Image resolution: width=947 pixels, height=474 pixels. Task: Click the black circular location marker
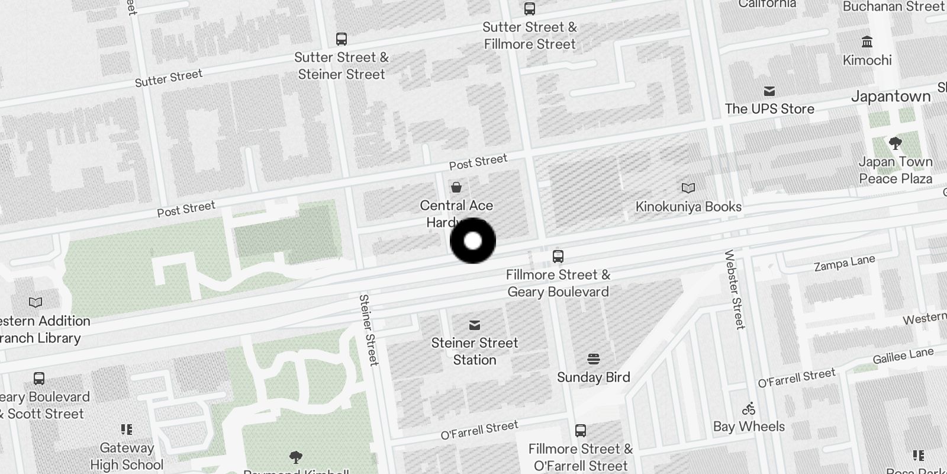click(x=472, y=241)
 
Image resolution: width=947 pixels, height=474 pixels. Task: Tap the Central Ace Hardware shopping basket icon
click(x=456, y=188)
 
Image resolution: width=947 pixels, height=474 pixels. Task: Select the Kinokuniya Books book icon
click(x=688, y=188)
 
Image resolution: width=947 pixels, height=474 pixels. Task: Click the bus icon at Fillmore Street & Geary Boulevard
click(x=558, y=257)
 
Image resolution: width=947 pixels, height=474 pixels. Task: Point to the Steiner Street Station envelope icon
click(x=475, y=325)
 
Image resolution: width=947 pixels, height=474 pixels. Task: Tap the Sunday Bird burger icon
click(x=594, y=359)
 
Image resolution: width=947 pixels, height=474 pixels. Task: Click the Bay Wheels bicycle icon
click(x=749, y=408)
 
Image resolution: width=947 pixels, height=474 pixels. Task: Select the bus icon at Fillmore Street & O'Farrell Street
click(x=581, y=431)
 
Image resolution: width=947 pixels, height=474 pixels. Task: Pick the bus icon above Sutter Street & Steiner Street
click(x=342, y=39)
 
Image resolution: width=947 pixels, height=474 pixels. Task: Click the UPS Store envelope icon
click(x=769, y=91)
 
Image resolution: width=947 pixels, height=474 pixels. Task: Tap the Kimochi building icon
click(x=868, y=42)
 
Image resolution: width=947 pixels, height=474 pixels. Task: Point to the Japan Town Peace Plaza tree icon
click(x=896, y=143)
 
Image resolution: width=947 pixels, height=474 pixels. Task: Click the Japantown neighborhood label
click(x=891, y=97)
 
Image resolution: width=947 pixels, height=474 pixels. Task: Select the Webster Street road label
click(x=735, y=289)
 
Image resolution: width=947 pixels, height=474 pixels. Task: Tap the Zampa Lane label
click(x=844, y=264)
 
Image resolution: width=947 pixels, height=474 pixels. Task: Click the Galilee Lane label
click(x=903, y=356)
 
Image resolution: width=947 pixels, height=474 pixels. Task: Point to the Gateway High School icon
click(x=127, y=430)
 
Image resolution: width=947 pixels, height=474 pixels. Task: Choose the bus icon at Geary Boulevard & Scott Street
click(x=39, y=379)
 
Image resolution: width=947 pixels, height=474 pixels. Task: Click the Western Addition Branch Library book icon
click(x=36, y=303)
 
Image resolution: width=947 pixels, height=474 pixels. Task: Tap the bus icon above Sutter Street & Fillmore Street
click(x=530, y=9)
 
